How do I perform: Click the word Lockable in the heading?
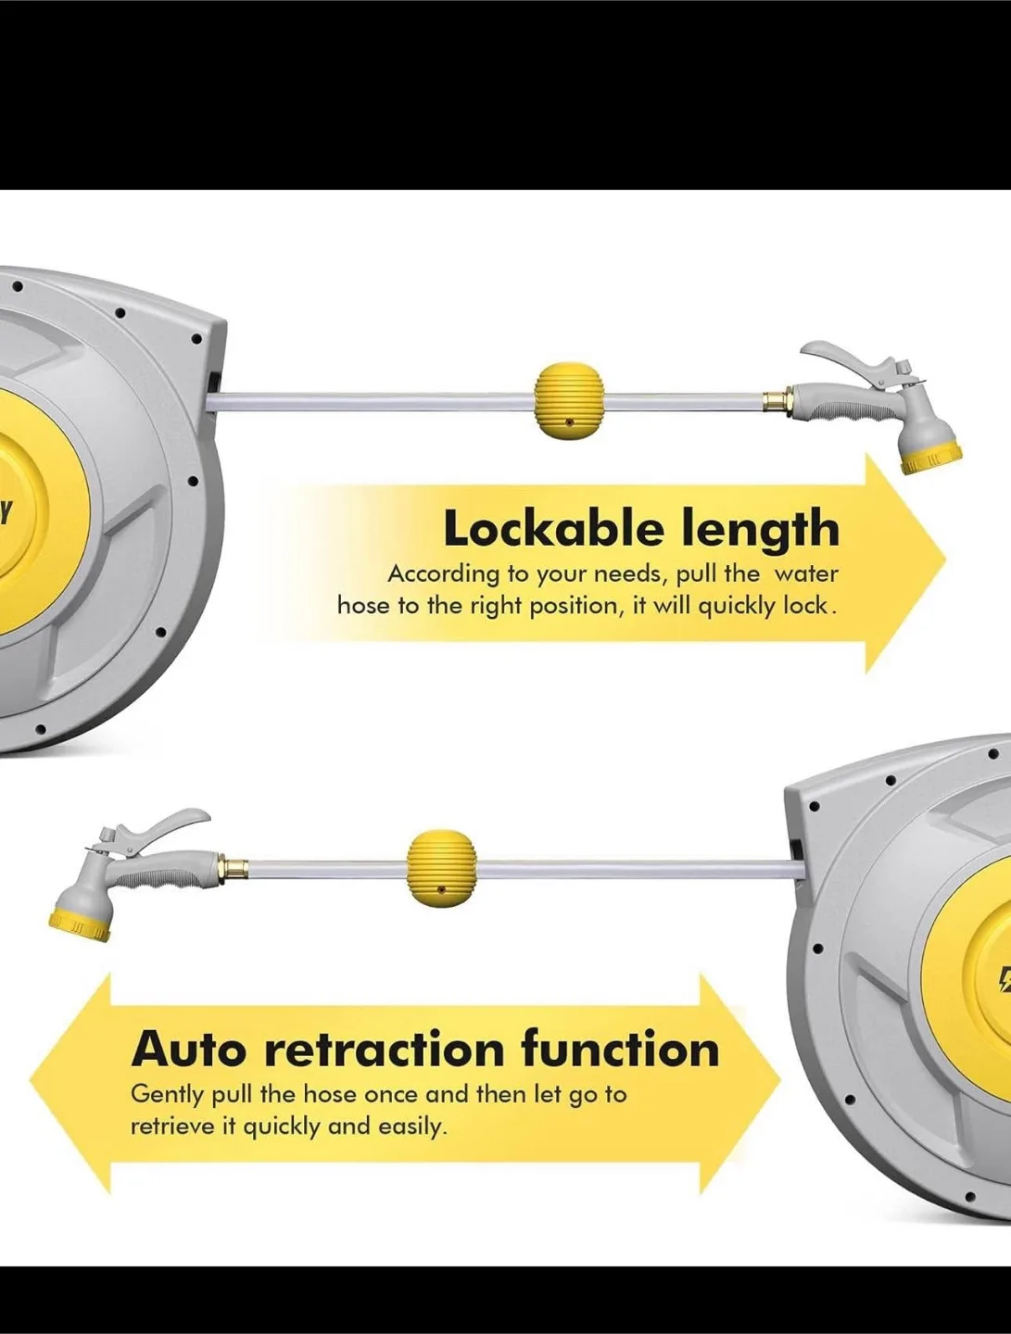click(554, 528)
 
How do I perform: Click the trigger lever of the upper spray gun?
click(850, 358)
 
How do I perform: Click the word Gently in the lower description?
click(167, 1095)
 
